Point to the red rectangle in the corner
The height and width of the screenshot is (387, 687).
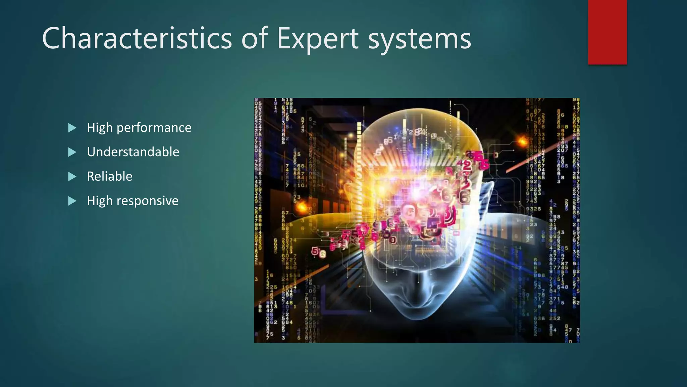[x=607, y=32]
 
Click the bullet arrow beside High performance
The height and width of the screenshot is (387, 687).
[x=72, y=128]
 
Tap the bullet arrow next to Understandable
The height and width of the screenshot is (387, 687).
[x=72, y=152]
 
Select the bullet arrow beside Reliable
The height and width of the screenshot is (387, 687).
[x=72, y=176]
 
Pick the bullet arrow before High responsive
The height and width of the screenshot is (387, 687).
[x=72, y=201]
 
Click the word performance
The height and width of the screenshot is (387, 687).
[x=154, y=128]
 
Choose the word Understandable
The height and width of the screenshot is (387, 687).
[x=133, y=152]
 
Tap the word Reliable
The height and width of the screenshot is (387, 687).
[x=109, y=176]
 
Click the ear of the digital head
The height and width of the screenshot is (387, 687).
[x=486, y=195]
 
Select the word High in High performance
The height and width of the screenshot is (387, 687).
[x=100, y=128]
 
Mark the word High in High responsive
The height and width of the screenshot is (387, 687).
[x=100, y=201]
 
